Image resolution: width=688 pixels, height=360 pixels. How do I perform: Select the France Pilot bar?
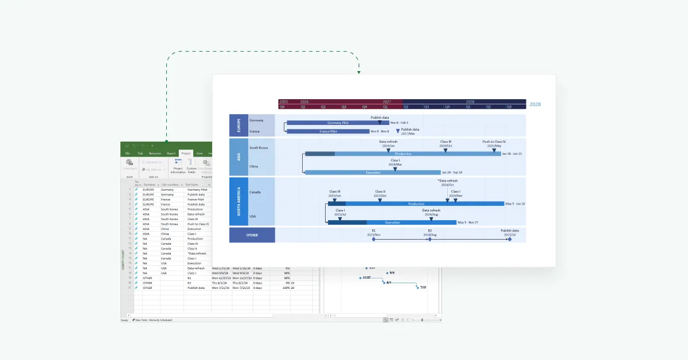[328, 131]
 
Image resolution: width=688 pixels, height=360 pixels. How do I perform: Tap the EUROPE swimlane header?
[239, 125]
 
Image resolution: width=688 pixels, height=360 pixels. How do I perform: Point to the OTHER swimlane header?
[252, 235]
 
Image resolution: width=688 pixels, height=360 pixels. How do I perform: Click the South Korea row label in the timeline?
[259, 148]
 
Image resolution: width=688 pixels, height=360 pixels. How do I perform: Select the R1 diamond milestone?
[373, 239]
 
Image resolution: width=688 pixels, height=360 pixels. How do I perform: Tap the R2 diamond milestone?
[429, 239]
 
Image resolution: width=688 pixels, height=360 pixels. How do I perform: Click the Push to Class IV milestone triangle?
[494, 150]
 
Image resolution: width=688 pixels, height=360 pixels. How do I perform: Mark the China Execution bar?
[373, 173]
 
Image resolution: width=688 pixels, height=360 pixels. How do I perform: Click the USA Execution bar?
[392, 222]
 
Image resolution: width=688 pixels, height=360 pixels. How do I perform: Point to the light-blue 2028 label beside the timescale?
[535, 104]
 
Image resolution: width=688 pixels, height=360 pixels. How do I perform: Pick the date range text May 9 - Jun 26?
[515, 204]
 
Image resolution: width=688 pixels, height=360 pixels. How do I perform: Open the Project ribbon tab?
[185, 154]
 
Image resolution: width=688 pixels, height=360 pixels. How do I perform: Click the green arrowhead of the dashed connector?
[358, 72]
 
